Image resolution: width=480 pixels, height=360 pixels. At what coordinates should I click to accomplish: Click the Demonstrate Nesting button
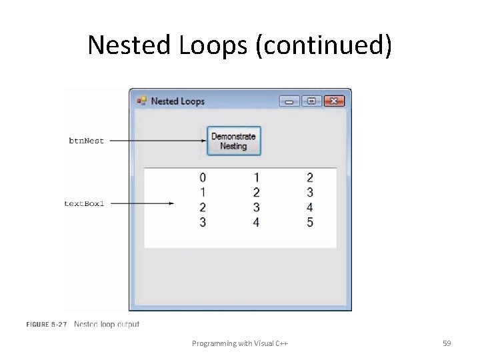233,141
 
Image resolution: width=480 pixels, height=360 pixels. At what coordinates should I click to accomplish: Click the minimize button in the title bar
289,101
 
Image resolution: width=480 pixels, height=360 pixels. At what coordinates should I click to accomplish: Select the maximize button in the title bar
311,101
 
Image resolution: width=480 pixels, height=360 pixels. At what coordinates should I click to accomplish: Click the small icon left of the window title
141,101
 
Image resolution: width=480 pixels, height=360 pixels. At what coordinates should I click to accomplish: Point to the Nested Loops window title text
177,101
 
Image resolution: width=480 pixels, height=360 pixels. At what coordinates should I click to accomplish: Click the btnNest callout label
87,141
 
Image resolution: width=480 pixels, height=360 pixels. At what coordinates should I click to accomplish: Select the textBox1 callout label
84,203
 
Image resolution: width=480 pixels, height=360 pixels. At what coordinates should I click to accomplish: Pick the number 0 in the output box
203,178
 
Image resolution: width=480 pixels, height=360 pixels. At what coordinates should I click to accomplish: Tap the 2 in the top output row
310,178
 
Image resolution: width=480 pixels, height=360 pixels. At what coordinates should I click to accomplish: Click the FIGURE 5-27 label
47,325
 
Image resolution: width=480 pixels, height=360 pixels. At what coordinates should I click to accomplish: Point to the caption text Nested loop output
107,325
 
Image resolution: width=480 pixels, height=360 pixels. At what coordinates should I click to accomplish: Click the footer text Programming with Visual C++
240,343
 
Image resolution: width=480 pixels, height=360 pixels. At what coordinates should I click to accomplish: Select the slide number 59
447,343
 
